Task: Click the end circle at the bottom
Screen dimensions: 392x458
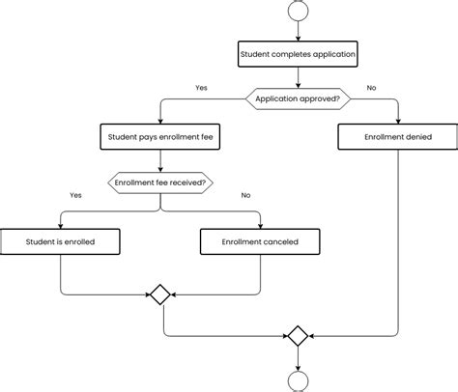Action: point(298,381)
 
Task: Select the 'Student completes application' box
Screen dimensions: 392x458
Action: point(298,55)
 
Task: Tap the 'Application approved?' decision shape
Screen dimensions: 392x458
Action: point(298,98)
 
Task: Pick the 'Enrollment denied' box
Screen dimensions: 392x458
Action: point(397,137)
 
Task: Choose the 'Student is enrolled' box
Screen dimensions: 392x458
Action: point(60,241)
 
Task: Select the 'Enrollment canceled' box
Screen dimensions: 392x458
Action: point(260,241)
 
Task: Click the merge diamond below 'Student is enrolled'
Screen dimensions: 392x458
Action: point(160,294)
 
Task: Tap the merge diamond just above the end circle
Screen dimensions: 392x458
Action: point(298,336)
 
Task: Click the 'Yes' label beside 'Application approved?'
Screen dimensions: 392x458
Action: point(201,88)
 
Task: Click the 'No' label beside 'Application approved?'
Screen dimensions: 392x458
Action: point(371,88)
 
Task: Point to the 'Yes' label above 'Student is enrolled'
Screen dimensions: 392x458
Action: point(75,195)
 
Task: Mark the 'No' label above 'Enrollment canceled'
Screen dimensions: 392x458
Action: point(245,195)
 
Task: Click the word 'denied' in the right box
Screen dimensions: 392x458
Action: point(415,137)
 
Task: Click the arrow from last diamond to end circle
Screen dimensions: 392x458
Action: point(298,357)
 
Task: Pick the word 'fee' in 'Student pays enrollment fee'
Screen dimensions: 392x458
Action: point(208,137)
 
